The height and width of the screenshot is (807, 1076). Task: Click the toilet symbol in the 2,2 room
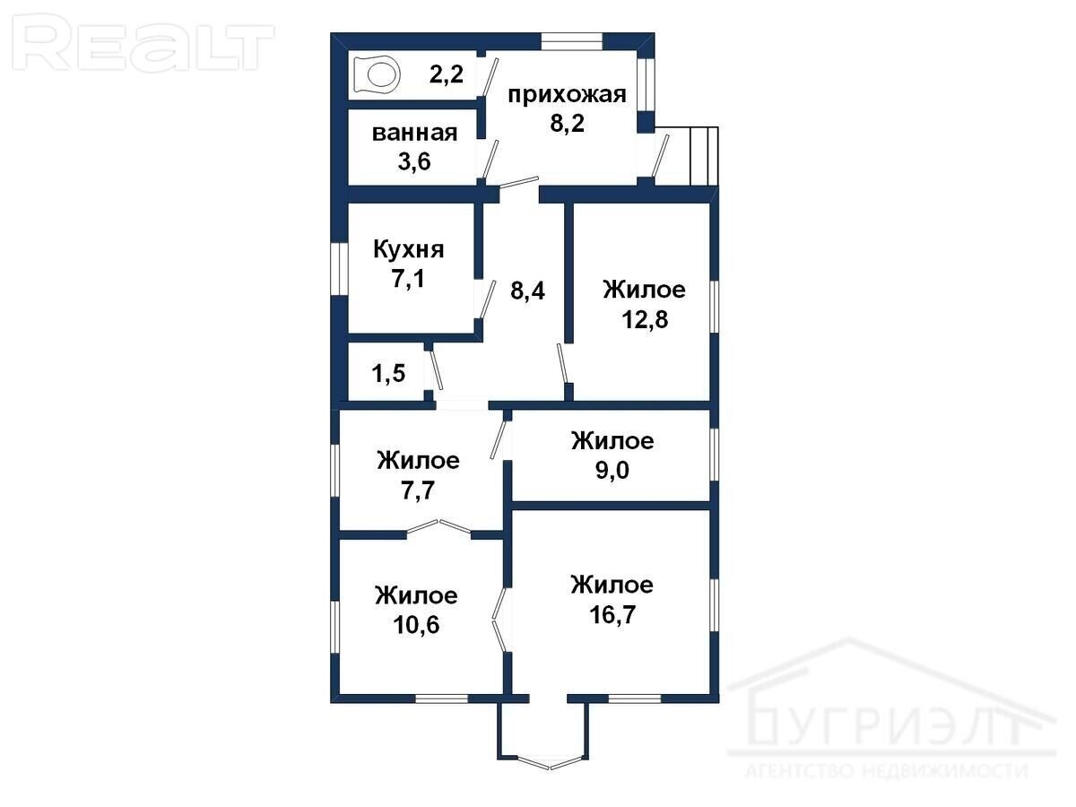tap(376, 75)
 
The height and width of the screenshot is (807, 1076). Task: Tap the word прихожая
tap(567, 94)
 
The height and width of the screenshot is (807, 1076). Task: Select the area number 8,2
tap(567, 123)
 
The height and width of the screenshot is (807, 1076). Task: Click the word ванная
tap(414, 133)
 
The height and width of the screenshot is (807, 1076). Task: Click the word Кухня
tap(408, 249)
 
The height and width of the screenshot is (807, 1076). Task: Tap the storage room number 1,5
tap(388, 373)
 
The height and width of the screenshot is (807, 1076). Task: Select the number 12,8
tap(645, 319)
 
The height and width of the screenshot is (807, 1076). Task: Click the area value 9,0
tap(612, 470)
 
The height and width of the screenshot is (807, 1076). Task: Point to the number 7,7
tap(418, 490)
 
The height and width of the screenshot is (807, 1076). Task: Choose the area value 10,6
tap(416, 625)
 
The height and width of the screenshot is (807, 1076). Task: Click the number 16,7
tap(612, 614)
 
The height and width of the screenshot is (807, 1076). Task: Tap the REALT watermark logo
tap(143, 43)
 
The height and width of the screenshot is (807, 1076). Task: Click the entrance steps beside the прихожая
tap(704, 156)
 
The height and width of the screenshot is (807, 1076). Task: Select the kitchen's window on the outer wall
tap(339, 269)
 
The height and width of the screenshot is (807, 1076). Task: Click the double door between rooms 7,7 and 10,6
tap(438, 527)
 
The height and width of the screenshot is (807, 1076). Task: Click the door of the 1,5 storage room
tap(436, 370)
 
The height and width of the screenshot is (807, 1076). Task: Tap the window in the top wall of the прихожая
tap(571, 41)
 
